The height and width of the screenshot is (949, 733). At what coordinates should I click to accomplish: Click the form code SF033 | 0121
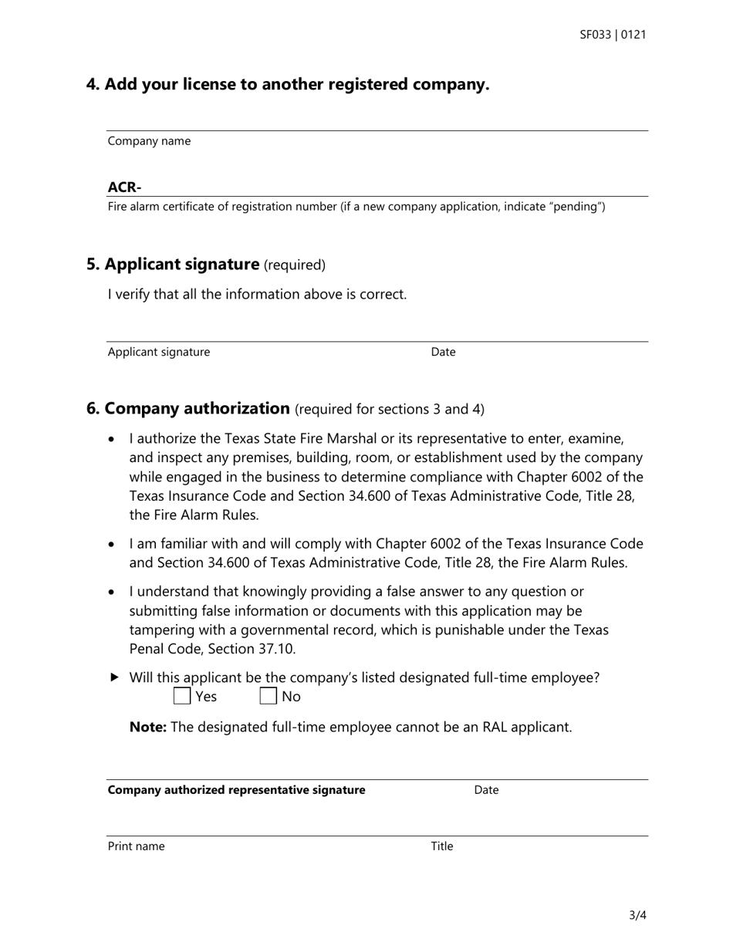(613, 35)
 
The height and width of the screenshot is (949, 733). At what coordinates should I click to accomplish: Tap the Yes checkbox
(182, 697)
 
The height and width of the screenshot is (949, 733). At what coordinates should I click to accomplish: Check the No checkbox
(268, 697)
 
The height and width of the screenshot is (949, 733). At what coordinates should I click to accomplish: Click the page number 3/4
(637, 916)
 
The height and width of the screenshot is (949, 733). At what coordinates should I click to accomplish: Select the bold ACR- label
(124, 187)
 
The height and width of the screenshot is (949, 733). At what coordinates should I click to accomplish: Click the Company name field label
(149, 141)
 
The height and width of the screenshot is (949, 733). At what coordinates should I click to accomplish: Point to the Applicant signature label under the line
(158, 352)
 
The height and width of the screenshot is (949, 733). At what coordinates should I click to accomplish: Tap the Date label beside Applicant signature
(443, 352)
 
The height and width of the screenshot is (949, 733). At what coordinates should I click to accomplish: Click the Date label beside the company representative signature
(486, 790)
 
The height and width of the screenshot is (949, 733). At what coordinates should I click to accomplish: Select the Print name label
(136, 846)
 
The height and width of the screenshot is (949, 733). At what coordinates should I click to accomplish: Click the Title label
(441, 846)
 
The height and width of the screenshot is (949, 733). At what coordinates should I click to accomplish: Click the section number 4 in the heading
(93, 84)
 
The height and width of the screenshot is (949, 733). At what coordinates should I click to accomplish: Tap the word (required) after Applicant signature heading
(295, 265)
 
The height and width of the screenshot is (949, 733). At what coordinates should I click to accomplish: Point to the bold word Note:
(147, 727)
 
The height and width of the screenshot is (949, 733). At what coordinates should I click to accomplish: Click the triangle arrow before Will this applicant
(115, 677)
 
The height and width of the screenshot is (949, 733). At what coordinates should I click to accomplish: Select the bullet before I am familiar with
(113, 545)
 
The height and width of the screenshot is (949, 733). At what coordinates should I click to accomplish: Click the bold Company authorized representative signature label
(236, 790)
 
